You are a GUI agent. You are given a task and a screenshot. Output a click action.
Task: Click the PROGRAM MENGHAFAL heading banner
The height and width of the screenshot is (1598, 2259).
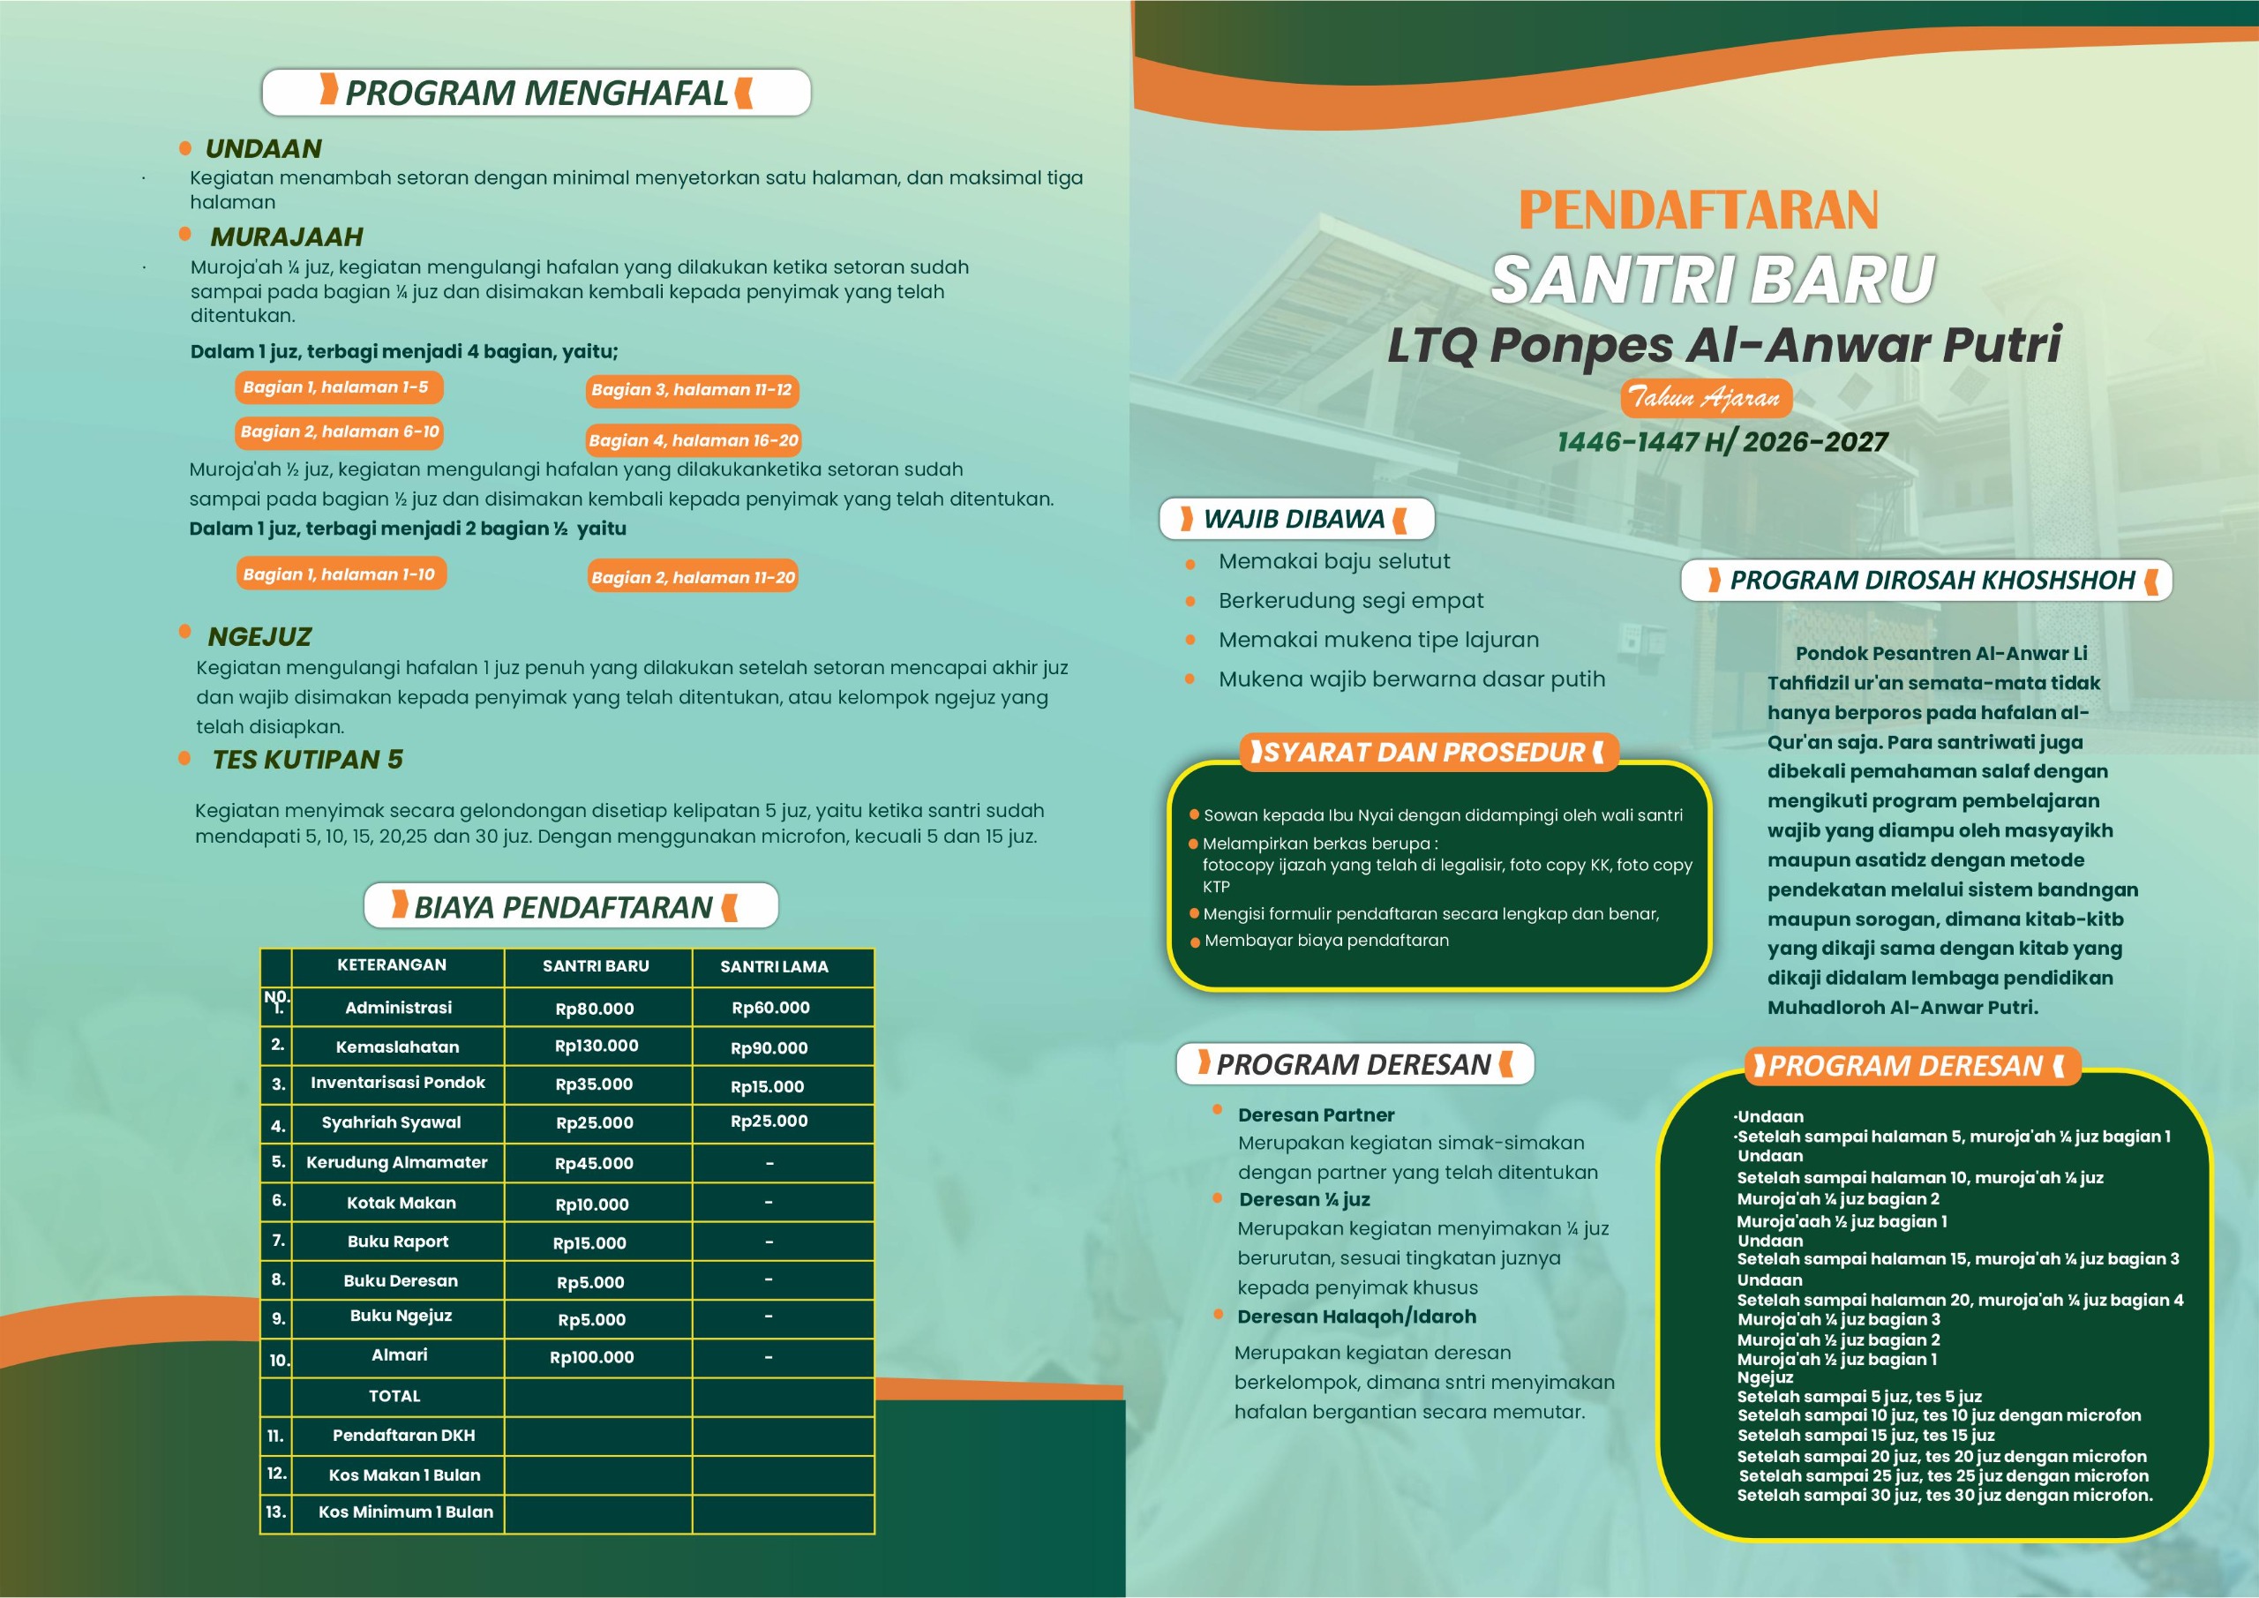click(537, 93)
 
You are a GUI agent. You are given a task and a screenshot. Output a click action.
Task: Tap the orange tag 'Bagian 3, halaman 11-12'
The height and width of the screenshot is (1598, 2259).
click(692, 391)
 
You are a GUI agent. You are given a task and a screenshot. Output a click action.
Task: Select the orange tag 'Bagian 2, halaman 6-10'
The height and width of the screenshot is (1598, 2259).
click(340, 432)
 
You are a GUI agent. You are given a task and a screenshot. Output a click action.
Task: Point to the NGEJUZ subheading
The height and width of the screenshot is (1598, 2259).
click(259, 638)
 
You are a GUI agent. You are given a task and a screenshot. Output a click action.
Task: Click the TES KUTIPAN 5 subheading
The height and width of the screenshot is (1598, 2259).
click(307, 760)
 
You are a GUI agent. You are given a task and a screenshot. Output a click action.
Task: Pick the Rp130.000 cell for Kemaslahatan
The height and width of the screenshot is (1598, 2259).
click(597, 1046)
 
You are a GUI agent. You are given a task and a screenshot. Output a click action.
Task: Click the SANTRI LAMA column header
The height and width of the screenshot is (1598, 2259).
click(774, 967)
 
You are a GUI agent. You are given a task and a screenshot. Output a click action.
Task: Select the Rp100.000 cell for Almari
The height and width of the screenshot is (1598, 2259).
click(591, 1358)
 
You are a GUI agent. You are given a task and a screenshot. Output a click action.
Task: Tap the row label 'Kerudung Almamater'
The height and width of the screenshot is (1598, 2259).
click(396, 1163)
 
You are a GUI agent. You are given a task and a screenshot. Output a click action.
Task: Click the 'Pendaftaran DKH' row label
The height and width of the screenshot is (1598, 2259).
click(403, 1436)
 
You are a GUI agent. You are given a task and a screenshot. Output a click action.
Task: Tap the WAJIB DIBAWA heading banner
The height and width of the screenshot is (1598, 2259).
click(1295, 520)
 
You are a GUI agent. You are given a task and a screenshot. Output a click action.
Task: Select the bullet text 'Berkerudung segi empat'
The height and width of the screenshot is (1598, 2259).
click(1351, 601)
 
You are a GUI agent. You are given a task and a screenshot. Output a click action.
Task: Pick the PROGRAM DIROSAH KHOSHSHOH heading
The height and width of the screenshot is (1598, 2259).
click(1933, 581)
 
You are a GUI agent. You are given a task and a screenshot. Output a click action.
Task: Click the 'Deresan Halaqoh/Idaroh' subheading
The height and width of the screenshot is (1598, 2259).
click(1357, 1317)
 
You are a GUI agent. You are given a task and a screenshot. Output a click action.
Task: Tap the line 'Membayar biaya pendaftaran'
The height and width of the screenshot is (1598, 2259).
click(1326, 941)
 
